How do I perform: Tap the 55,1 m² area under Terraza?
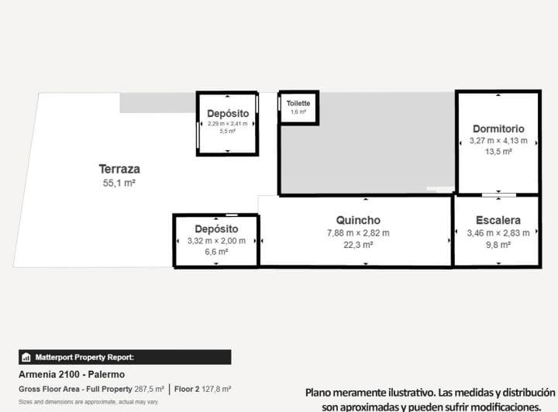click(119, 184)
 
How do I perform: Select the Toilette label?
click(298, 103)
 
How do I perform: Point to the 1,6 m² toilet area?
click(298, 112)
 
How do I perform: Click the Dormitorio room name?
click(498, 129)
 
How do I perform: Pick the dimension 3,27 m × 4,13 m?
click(498, 141)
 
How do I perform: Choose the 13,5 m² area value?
click(498, 153)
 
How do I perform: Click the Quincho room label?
click(358, 221)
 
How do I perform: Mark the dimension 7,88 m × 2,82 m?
click(358, 233)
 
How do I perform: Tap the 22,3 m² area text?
click(358, 245)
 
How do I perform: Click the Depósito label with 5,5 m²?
click(228, 114)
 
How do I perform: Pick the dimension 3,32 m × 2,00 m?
click(216, 241)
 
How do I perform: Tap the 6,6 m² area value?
click(216, 252)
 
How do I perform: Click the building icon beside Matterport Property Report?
click(26, 358)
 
